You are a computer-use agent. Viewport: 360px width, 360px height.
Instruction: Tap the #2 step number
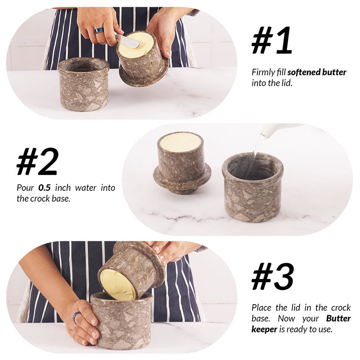[37, 161]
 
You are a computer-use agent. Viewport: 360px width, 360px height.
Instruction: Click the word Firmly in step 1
[262, 72]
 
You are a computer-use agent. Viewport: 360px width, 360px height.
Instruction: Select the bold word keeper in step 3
[263, 329]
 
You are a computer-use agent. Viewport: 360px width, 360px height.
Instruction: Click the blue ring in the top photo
[99, 30]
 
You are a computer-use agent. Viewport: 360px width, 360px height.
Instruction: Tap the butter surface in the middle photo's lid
[180, 142]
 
